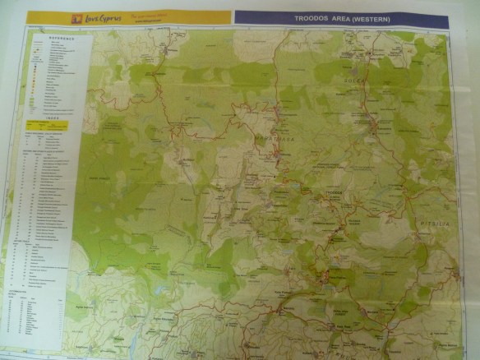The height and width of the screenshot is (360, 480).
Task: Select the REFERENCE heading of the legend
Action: (58, 36)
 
